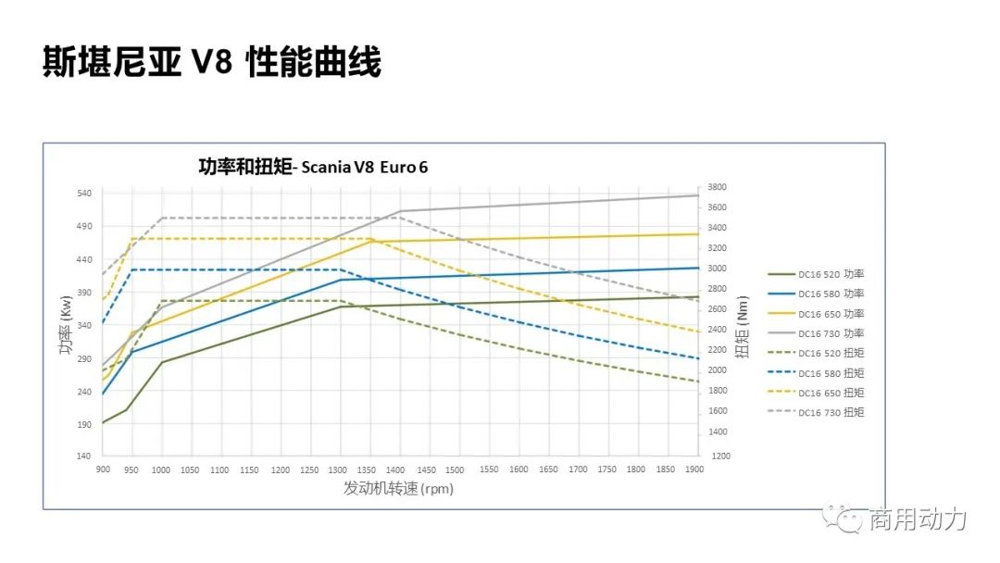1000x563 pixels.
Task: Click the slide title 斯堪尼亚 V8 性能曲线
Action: point(212,62)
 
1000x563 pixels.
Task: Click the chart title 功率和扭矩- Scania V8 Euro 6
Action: point(313,167)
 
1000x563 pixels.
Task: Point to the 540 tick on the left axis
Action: point(84,194)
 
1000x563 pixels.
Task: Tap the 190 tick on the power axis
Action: point(84,424)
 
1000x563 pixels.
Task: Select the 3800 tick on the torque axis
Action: point(718,187)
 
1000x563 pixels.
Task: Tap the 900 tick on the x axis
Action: point(103,470)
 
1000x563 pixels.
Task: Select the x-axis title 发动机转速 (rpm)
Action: point(399,488)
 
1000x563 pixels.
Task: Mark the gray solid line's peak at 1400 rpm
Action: point(400,211)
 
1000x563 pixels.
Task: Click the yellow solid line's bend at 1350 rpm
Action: point(370,241)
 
